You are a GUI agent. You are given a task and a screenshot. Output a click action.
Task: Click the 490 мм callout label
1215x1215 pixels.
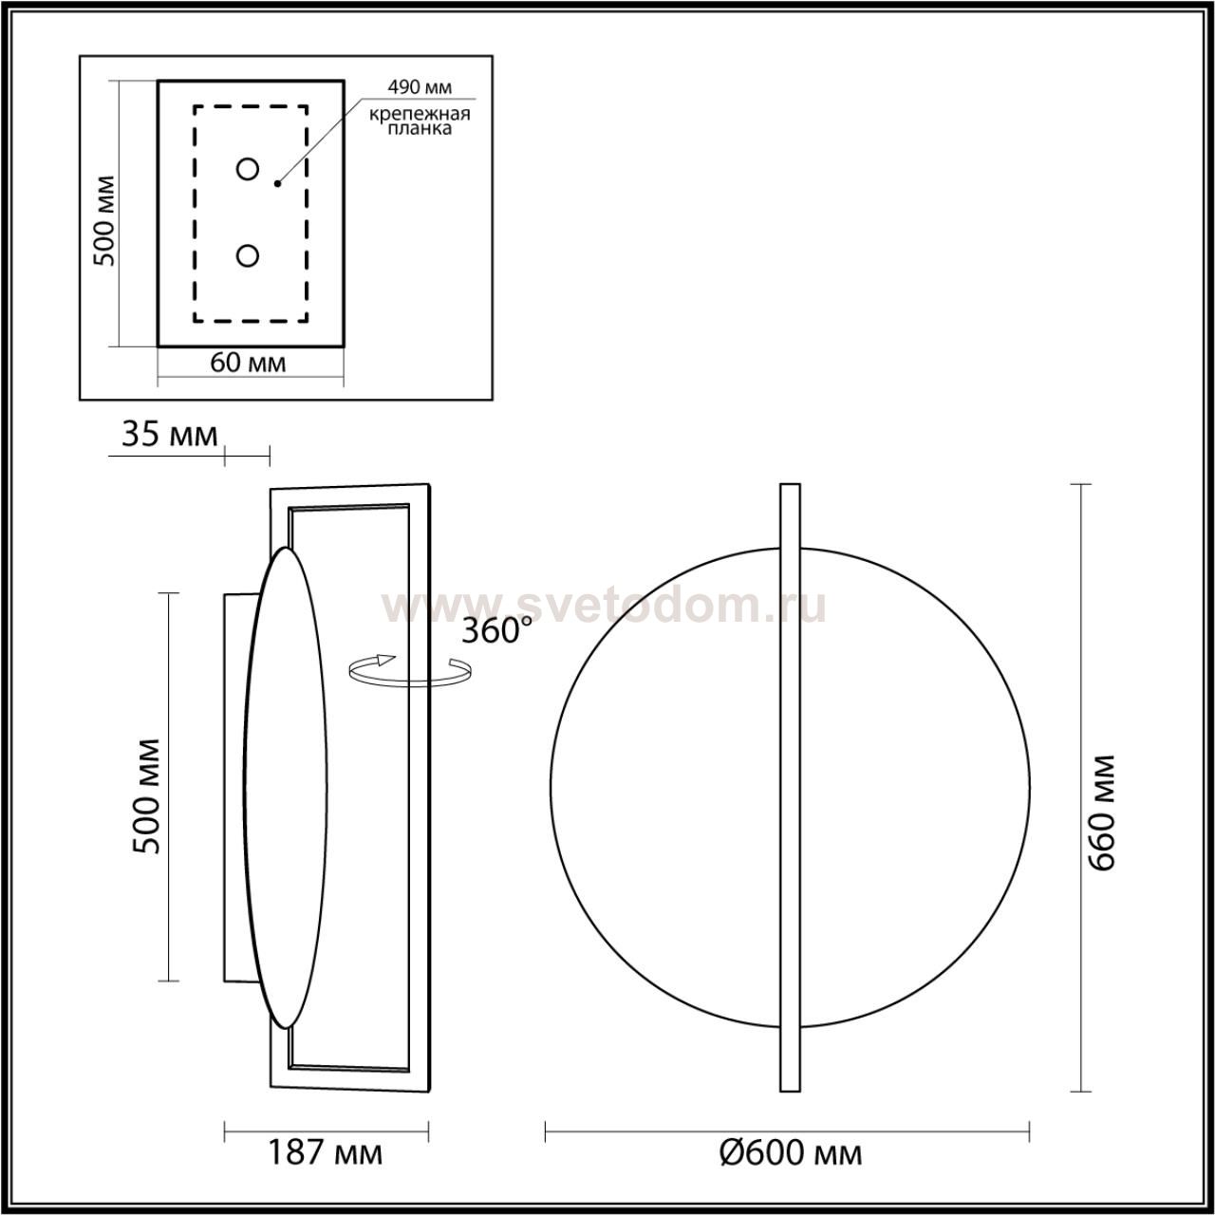click(420, 87)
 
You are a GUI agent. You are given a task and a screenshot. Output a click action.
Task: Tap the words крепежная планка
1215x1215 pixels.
click(420, 121)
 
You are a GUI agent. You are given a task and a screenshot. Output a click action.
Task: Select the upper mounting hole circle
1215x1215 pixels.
click(247, 169)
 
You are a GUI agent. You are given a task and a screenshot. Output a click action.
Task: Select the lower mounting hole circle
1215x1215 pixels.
click(247, 256)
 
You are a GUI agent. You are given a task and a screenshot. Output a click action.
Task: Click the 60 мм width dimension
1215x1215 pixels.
click(248, 363)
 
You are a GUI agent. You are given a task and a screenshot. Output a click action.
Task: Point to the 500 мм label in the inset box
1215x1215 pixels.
click(104, 220)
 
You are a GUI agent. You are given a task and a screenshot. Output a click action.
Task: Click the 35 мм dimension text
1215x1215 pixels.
click(169, 435)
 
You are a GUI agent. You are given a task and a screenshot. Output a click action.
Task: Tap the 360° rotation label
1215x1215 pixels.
click(496, 630)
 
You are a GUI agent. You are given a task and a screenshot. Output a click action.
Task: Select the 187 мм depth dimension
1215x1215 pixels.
click(326, 1152)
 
